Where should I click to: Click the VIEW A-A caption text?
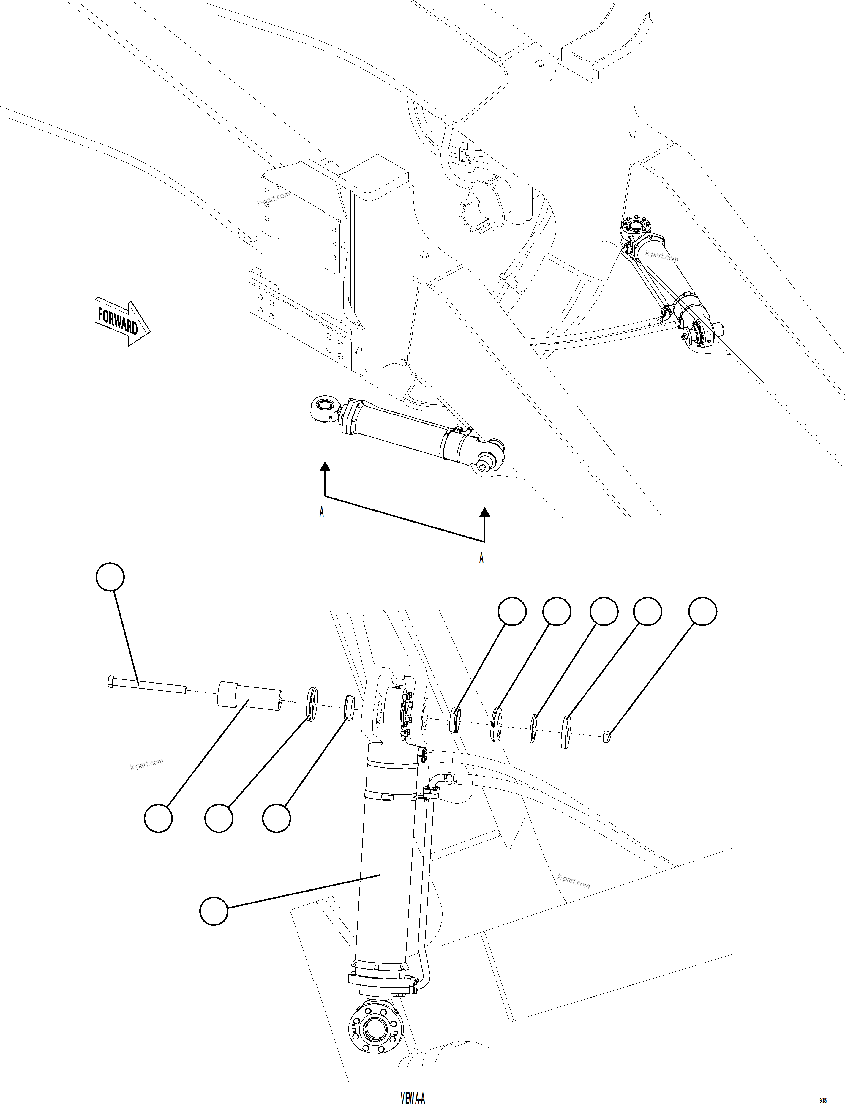(x=413, y=1097)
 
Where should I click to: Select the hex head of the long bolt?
(x=111, y=682)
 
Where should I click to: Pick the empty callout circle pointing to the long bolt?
(x=110, y=577)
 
